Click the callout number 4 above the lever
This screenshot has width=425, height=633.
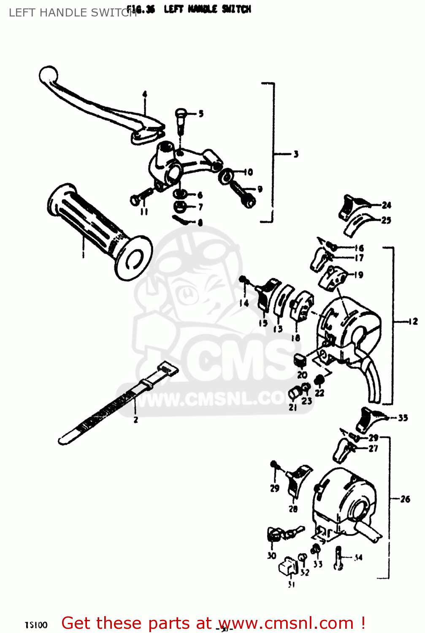pos(144,94)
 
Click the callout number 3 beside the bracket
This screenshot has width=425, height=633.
pos(296,154)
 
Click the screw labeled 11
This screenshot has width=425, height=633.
pos(139,197)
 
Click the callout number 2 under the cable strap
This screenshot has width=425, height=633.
pos(135,420)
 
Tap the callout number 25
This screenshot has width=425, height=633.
pos(386,220)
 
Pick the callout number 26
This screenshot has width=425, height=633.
pos(405,499)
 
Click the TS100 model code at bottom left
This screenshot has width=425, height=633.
pos(36,625)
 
